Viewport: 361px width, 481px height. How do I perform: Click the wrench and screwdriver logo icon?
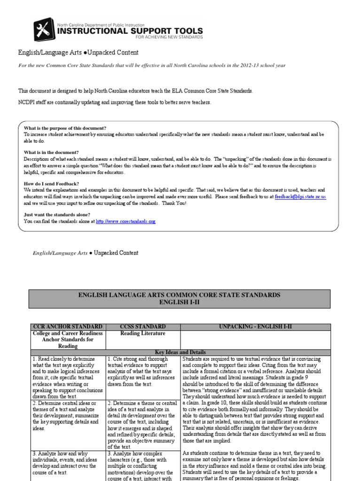[44, 30]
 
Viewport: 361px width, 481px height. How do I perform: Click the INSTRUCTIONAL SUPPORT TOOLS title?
[130, 31]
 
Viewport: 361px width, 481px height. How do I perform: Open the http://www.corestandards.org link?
[125, 221]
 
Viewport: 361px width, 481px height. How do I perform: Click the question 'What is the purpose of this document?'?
[65, 128]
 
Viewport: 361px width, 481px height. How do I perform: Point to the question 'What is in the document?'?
[51, 152]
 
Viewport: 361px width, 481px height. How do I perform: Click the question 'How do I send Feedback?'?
[52, 183]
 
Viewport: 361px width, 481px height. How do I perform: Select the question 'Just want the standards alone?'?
[57, 215]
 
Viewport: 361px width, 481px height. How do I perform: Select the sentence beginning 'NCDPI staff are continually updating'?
[115, 102]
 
